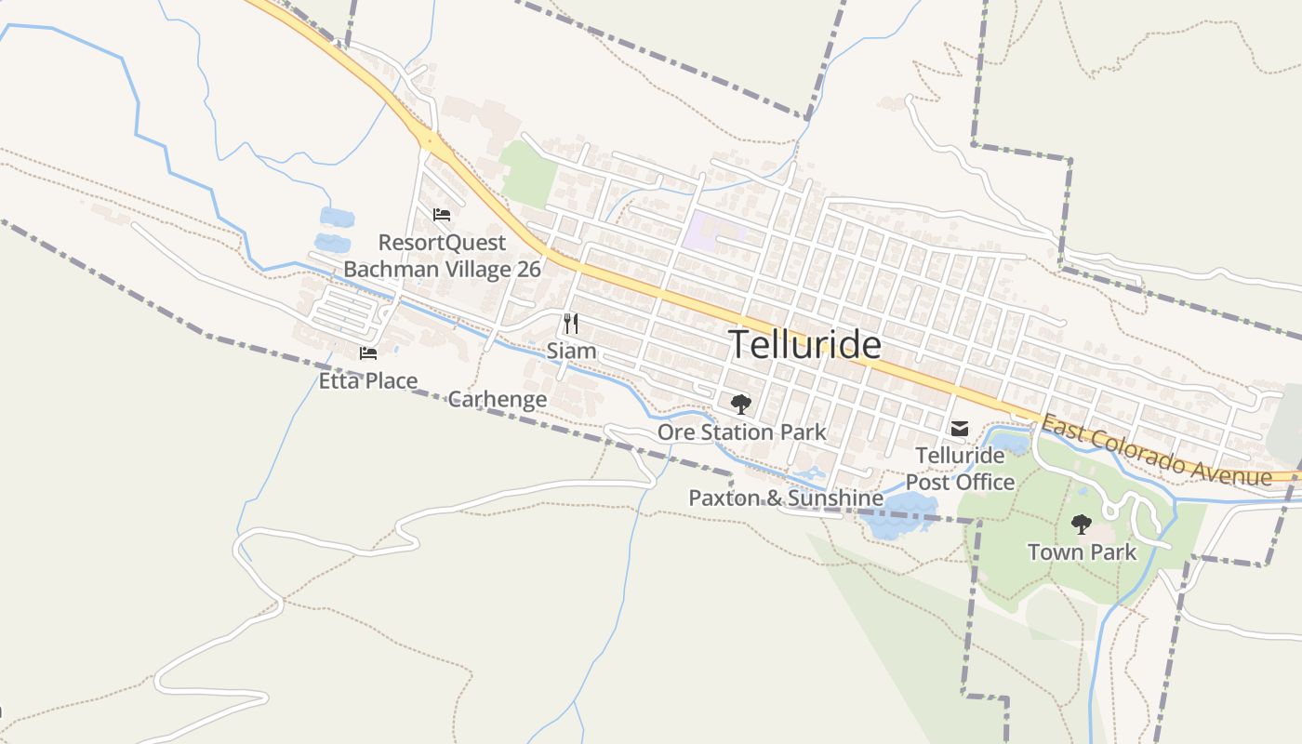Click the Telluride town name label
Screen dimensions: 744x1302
coord(804,344)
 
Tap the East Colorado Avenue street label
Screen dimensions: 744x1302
coord(1156,451)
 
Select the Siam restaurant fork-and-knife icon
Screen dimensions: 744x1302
coord(571,324)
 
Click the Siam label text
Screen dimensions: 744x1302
coord(571,352)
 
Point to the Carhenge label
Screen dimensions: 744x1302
coord(497,400)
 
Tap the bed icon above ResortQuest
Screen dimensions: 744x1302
coord(442,215)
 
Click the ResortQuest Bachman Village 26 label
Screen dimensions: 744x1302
coord(442,256)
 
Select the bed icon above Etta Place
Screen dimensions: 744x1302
coord(368,352)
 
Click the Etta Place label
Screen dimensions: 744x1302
coord(368,380)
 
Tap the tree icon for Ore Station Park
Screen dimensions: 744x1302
coord(740,404)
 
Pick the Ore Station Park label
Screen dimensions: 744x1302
coord(741,432)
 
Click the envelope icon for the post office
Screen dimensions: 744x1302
coord(960,429)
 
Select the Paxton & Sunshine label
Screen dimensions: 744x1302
coord(785,498)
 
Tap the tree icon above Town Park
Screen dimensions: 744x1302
coord(1081,525)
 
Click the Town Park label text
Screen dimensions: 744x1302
coord(1082,552)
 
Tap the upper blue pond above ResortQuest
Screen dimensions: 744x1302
coord(337,218)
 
